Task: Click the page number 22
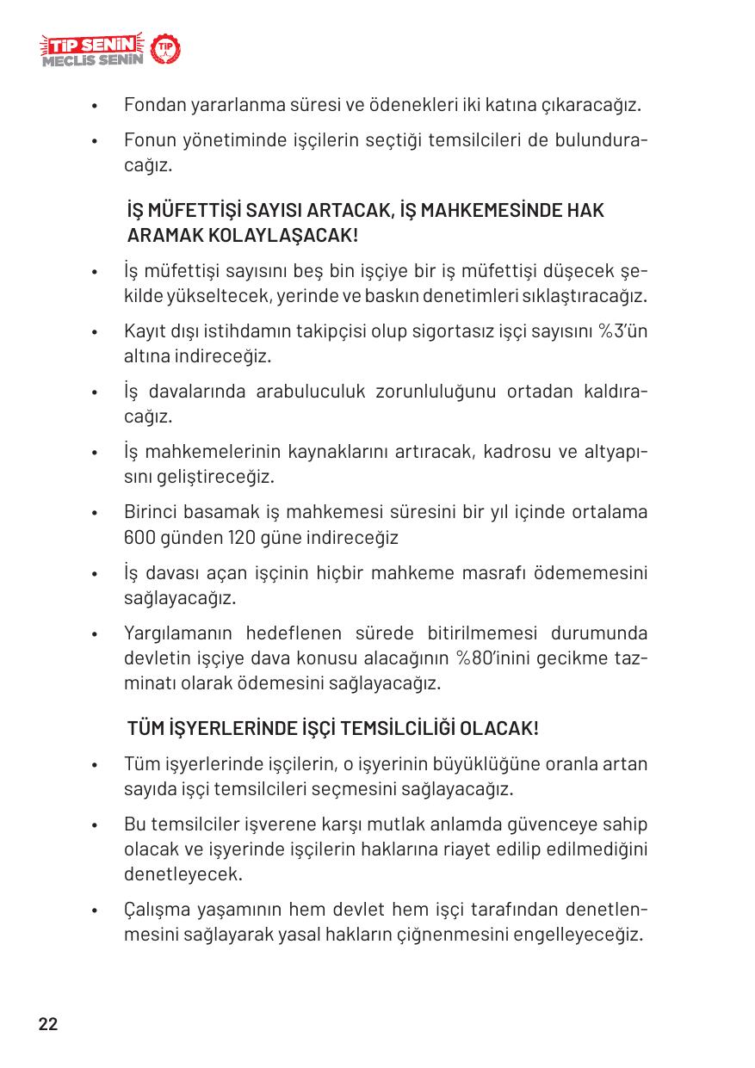(x=48, y=1024)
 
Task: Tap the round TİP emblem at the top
(x=166, y=50)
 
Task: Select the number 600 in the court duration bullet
(x=139, y=538)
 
